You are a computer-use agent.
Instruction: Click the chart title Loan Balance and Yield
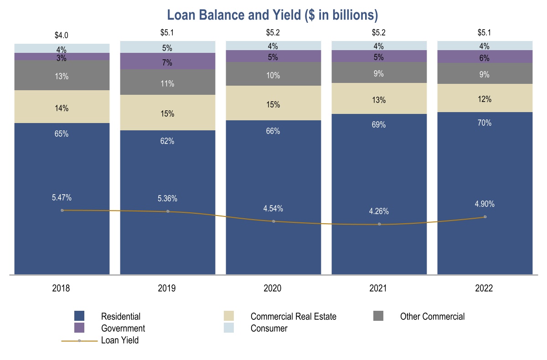tap(273, 15)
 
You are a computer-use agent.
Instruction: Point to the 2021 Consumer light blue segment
tap(379, 45)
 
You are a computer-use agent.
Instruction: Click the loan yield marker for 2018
tap(62, 210)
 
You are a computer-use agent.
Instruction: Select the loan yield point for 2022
tap(485, 216)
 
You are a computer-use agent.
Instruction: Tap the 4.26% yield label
tap(379, 211)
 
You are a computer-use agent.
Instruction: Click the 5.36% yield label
tap(167, 199)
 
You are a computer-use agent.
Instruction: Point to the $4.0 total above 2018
tap(62, 35)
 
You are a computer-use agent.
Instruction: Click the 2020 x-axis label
tap(273, 288)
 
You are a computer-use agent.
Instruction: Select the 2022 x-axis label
tap(484, 288)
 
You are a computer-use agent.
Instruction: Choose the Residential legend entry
tap(120, 316)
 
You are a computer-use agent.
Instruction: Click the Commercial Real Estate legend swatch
tap(229, 316)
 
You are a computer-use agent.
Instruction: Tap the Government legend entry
tap(123, 328)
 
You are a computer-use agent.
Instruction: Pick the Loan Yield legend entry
tap(119, 340)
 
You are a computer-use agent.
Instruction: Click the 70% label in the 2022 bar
tap(485, 122)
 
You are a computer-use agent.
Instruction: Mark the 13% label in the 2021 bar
tap(379, 100)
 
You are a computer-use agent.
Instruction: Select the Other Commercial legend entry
tap(432, 316)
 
